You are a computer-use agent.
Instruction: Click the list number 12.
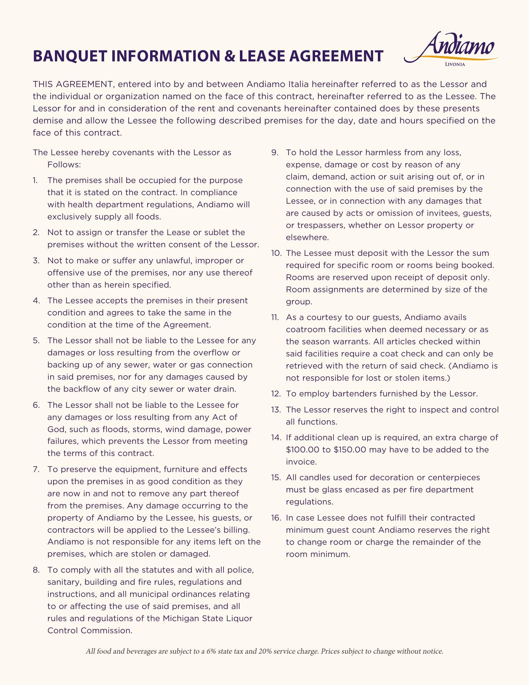(x=276, y=394)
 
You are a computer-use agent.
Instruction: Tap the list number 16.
(x=276, y=518)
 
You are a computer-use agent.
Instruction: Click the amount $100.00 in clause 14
(x=303, y=450)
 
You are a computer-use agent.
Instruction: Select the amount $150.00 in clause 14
(x=350, y=450)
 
